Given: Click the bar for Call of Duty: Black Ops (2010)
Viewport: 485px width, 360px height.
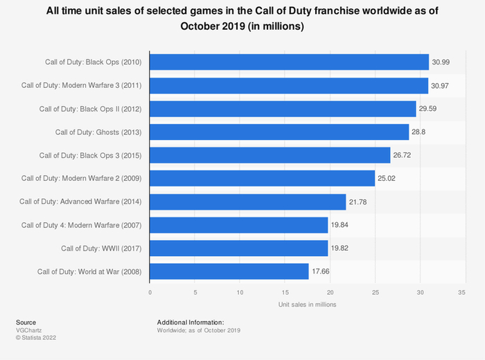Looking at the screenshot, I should point(289,62).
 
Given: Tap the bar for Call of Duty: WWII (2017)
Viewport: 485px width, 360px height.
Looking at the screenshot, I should point(239,248).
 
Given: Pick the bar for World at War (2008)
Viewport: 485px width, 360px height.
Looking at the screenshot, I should point(229,271).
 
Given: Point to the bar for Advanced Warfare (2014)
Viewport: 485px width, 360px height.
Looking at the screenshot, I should point(248,201).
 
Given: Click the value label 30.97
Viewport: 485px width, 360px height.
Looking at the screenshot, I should point(441,86).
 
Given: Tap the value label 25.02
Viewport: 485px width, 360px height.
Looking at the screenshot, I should point(387,179).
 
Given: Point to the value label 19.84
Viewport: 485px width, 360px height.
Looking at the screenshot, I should point(340,225).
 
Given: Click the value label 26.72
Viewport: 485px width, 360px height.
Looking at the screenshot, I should point(403,155).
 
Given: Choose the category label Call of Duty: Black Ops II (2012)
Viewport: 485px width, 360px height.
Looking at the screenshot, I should point(91,109).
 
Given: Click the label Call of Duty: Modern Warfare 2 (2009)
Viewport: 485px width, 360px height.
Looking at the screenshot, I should point(82,179).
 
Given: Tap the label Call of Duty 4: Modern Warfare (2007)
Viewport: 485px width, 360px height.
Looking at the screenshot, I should point(82,225).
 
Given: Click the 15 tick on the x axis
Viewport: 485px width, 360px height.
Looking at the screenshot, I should point(284,291).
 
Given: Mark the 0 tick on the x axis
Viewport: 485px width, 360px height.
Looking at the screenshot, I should point(150,291).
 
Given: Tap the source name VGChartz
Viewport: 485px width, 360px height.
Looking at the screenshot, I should point(28,330).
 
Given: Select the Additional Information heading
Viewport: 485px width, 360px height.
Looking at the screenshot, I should point(191,323).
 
